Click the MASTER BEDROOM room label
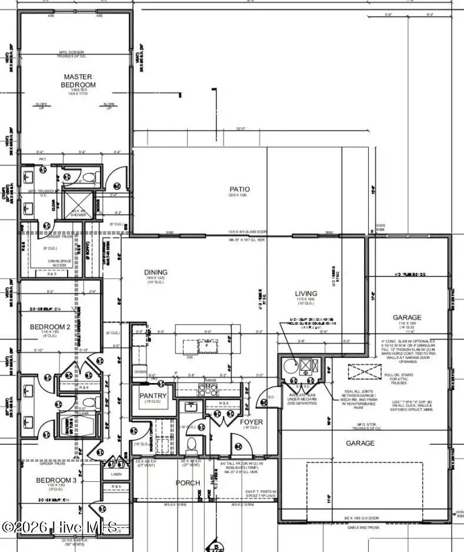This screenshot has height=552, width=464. [x=79, y=81]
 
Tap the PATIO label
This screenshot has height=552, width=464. [x=239, y=189]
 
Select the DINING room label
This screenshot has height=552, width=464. [x=156, y=272]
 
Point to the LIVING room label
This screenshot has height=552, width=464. [x=306, y=293]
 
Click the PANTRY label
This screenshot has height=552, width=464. [x=153, y=396]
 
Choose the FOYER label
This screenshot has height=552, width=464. [x=251, y=423]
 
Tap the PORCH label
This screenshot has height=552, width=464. [x=188, y=483]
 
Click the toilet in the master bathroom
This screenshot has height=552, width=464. [x=87, y=175]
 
